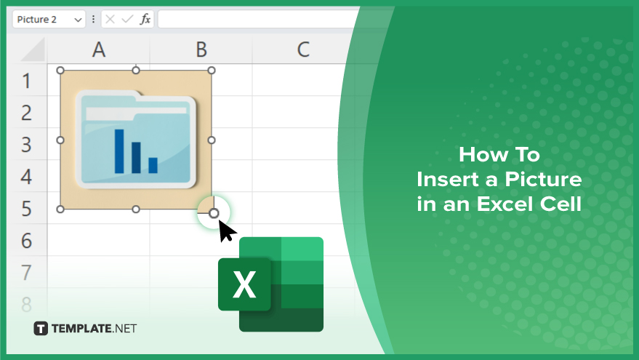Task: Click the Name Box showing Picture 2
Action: tap(49, 19)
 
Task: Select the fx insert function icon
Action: tap(145, 19)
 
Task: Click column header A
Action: tap(99, 49)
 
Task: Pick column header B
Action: tap(201, 49)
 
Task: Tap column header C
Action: tap(303, 49)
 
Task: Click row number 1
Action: tap(26, 81)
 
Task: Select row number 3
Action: tap(26, 145)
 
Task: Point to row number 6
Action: tap(26, 241)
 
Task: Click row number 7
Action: tap(26, 272)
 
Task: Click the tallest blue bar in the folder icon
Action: tap(119, 151)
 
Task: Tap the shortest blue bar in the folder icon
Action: tap(153, 165)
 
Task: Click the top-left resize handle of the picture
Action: tap(60, 71)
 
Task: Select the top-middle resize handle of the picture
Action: tap(136, 71)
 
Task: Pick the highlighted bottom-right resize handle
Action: tap(214, 213)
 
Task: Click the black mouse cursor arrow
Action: tap(226, 231)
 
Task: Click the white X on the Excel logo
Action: tap(244, 284)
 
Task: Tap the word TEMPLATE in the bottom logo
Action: tap(81, 329)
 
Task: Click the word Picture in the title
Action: tap(543, 179)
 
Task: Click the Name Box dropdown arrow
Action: tap(78, 20)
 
